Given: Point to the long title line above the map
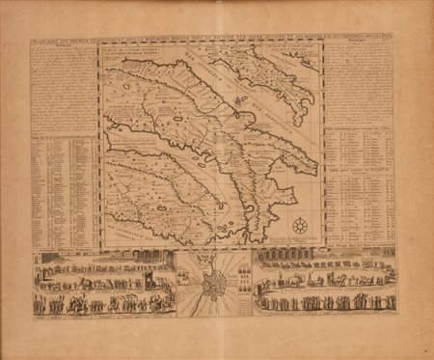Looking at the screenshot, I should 217,39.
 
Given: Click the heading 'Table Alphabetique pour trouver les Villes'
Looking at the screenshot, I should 358,125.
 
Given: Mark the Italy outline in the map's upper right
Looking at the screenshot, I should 275,82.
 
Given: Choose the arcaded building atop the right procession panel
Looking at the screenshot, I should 289,260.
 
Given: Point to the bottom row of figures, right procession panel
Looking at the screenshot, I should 328,303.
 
